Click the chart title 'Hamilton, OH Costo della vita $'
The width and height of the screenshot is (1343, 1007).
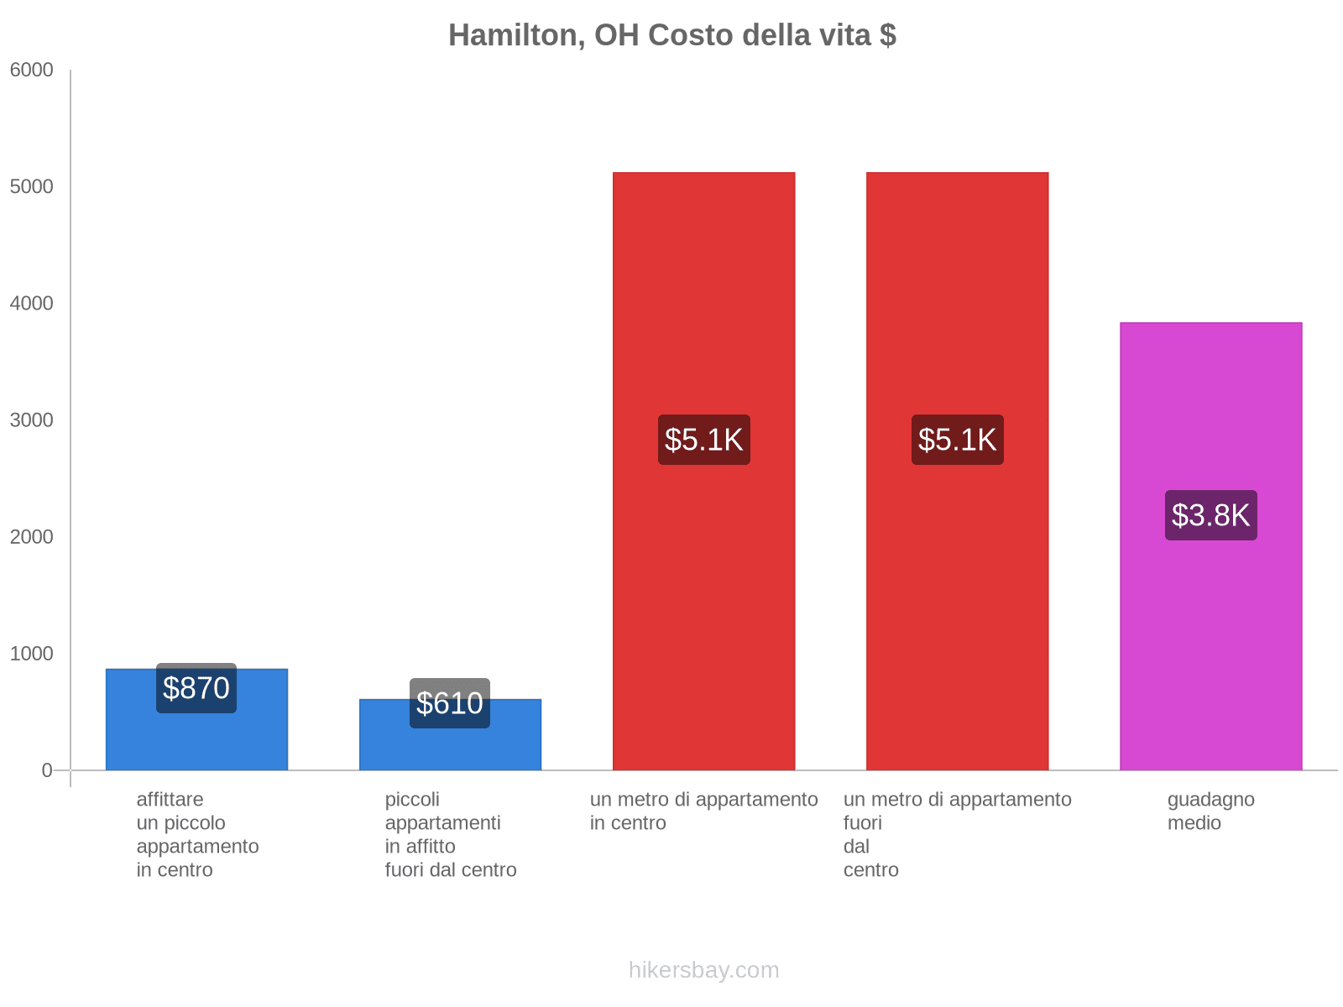point(671,35)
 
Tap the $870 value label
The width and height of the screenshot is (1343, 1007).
point(196,688)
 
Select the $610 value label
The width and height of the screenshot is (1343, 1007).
point(450,703)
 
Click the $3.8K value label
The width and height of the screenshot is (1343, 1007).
point(1210,515)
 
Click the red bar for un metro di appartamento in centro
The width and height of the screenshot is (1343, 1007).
point(703,587)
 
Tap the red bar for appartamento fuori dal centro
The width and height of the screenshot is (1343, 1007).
point(957,587)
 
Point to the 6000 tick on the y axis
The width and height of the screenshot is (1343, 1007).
point(32,70)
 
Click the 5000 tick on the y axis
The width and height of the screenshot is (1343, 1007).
point(32,187)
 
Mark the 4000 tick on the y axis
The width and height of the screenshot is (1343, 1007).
point(32,304)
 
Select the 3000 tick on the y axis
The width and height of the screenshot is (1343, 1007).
point(32,420)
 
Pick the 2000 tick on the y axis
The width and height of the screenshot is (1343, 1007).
point(32,537)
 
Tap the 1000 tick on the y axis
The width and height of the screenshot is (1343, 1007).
point(32,654)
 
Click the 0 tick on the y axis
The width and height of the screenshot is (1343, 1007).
point(47,770)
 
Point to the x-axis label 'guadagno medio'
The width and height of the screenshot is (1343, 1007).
point(1210,811)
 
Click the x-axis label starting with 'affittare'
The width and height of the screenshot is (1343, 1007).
point(197,835)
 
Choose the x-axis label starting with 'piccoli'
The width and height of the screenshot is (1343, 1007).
point(451,835)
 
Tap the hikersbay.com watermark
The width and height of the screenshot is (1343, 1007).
point(703,971)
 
